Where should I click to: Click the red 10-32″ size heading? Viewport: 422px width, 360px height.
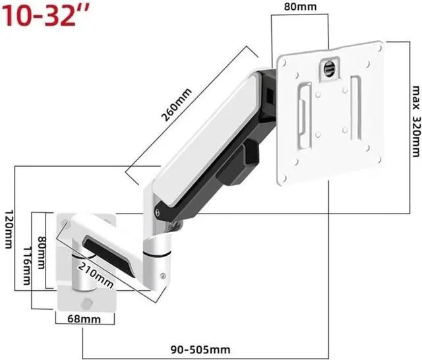[45, 15]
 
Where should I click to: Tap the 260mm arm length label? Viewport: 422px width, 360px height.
[176, 104]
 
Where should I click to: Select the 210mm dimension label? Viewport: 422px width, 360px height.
[96, 275]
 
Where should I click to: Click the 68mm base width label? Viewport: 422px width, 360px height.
[84, 319]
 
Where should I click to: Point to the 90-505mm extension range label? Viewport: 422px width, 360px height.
[200, 349]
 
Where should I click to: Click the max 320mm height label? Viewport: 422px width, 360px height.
[416, 121]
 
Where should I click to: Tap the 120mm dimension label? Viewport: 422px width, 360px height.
[9, 229]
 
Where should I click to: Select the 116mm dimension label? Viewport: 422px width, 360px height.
[27, 266]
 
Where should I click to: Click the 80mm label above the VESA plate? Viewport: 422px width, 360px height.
[301, 7]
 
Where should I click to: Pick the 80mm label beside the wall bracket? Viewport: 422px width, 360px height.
[42, 253]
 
